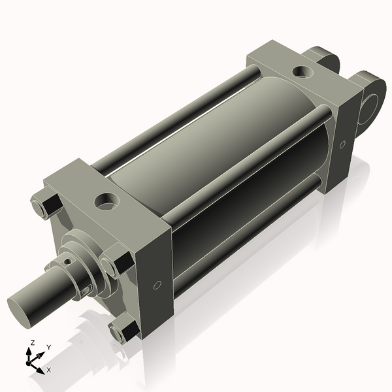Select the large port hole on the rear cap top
pos(302,71)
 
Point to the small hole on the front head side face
pos(157,286)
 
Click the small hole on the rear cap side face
pos(342,144)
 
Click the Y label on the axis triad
pos(48,347)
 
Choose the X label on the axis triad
pos(49,370)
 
